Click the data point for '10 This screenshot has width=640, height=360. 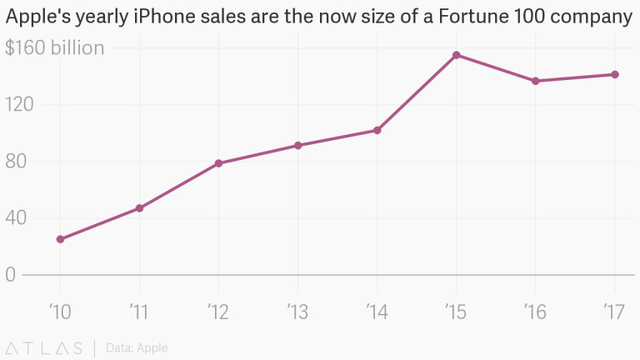pyautogui.click(x=60, y=239)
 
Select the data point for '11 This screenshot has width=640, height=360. pyautogui.click(x=139, y=208)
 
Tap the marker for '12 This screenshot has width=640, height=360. pyautogui.click(x=218, y=163)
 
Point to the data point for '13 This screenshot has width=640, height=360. pyautogui.click(x=297, y=146)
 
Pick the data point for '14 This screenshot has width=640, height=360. pyautogui.click(x=377, y=130)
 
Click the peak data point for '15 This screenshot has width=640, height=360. pyautogui.click(x=457, y=55)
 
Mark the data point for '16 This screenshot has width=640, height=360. pyautogui.click(x=536, y=81)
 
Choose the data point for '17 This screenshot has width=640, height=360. pyautogui.click(x=615, y=74)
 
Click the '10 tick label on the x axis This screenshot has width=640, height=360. pyautogui.click(x=60, y=312)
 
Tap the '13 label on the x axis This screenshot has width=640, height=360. pyautogui.click(x=297, y=312)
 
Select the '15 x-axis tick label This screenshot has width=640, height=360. pyautogui.click(x=457, y=312)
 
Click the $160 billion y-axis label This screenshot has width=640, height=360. pyautogui.click(x=55, y=48)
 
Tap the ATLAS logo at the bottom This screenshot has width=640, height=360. pyautogui.click(x=43, y=347)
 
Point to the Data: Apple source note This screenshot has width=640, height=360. pyautogui.click(x=137, y=347)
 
